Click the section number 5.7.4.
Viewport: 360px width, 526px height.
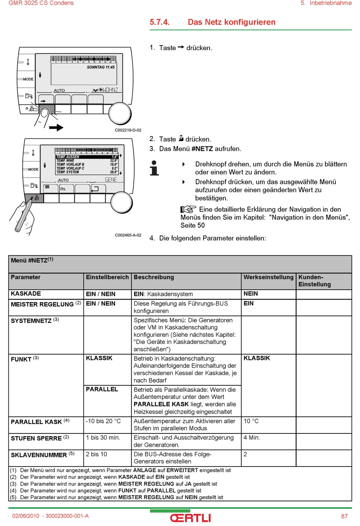160,22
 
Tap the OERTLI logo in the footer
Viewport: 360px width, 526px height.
190,518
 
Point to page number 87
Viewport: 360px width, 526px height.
344,516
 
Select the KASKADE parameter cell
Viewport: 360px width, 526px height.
26,294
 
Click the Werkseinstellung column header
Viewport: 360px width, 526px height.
268,277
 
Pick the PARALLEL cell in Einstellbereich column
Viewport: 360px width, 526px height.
102,389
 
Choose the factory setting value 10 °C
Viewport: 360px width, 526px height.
251,421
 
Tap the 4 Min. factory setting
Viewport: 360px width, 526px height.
252,438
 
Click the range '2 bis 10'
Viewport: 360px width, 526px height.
96,454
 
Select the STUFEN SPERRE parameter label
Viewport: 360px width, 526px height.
36,438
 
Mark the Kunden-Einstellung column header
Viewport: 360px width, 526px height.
315,281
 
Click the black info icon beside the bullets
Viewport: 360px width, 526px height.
154,168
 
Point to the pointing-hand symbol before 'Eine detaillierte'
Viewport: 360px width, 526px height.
188,209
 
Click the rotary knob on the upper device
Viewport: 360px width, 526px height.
120,113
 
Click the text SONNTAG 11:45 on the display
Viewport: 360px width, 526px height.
101,67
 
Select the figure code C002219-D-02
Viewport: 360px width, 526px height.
128,130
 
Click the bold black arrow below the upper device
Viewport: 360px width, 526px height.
56,127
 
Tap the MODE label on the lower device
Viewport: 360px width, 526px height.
33,169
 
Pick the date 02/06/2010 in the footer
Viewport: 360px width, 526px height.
26,516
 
